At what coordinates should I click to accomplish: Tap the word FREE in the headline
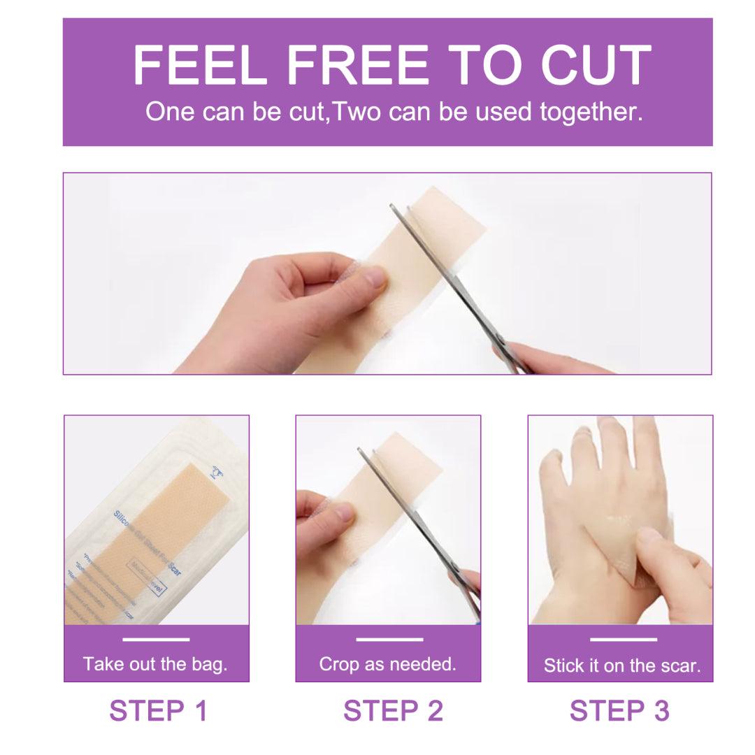click(x=357, y=66)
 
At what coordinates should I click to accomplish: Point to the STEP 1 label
click(x=159, y=710)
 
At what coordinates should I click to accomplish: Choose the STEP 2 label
click(x=393, y=710)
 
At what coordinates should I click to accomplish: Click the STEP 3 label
click(x=619, y=710)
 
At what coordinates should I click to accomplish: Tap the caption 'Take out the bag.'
click(x=155, y=663)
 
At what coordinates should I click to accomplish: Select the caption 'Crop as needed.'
click(x=387, y=663)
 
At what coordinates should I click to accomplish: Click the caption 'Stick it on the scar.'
click(x=621, y=665)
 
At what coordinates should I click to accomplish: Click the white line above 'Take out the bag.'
click(x=155, y=639)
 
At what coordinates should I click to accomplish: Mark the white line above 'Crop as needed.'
click(x=389, y=639)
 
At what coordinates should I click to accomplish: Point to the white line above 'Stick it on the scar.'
click(x=623, y=639)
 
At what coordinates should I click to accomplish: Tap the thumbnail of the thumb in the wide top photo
click(x=375, y=278)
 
